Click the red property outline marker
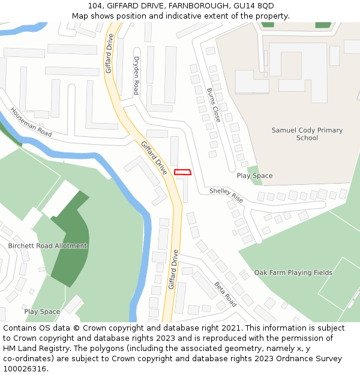(182, 172)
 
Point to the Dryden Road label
(136, 76)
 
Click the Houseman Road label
(31, 122)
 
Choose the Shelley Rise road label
(226, 194)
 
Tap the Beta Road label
(225, 295)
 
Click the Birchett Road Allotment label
(47, 246)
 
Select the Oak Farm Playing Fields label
(293, 272)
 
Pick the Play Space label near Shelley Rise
(254, 176)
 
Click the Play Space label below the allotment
(42, 311)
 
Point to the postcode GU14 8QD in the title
(254, 6)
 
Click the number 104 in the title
(95, 6)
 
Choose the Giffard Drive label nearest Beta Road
(173, 269)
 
